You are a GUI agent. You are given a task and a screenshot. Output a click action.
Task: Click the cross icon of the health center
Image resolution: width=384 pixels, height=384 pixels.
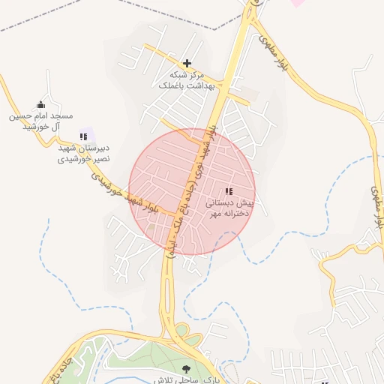187,63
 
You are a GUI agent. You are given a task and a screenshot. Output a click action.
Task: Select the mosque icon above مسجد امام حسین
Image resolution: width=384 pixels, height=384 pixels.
40,105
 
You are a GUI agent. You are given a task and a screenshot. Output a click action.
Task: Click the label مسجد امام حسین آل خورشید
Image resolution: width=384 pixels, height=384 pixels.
40,121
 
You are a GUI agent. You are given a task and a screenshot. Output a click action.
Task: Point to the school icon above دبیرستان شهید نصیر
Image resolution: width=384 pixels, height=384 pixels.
84,136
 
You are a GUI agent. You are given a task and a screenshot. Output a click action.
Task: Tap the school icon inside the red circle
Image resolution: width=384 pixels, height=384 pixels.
228,191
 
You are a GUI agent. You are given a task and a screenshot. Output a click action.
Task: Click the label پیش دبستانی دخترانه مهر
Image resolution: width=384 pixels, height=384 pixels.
226,208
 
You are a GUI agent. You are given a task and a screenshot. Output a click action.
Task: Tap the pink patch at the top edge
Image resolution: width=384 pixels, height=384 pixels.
298,3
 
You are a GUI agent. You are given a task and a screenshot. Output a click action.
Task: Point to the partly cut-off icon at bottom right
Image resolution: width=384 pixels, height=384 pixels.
325,382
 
